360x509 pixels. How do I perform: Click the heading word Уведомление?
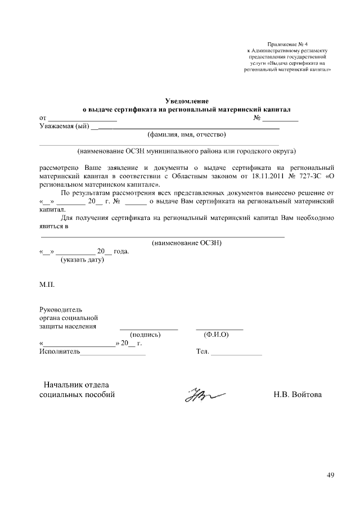click(186, 100)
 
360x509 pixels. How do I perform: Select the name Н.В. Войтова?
click(298, 395)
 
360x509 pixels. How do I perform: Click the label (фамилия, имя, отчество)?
click(186, 134)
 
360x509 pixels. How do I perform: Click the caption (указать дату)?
click(82, 260)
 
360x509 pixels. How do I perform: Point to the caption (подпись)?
click(146, 334)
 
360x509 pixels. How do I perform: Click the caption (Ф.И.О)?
click(216, 334)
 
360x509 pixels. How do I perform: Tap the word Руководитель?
click(61, 309)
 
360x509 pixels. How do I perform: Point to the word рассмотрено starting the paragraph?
click(58, 167)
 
